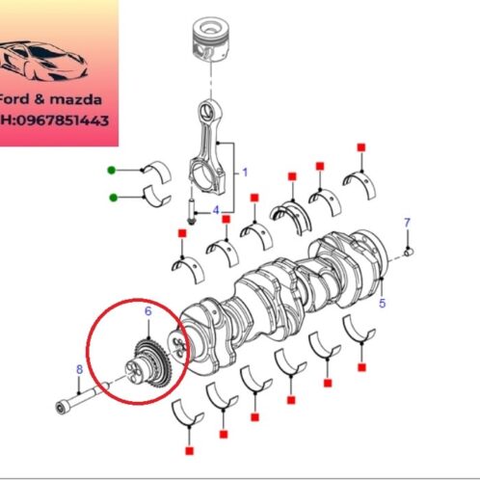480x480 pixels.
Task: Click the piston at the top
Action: [x=210, y=42]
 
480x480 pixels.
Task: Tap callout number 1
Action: [x=245, y=173]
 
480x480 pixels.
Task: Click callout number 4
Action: [x=216, y=210]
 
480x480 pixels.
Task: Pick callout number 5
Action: [x=382, y=305]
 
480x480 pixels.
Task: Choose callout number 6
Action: [x=147, y=311]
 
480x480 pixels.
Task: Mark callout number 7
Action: [x=407, y=223]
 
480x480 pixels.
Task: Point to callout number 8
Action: [x=79, y=368]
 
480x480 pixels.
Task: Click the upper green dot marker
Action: [x=113, y=170]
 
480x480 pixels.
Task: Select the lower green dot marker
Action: [x=113, y=199]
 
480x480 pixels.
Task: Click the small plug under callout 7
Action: [x=410, y=253]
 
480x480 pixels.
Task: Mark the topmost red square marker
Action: [x=362, y=147]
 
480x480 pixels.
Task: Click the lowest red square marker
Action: [x=188, y=450]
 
